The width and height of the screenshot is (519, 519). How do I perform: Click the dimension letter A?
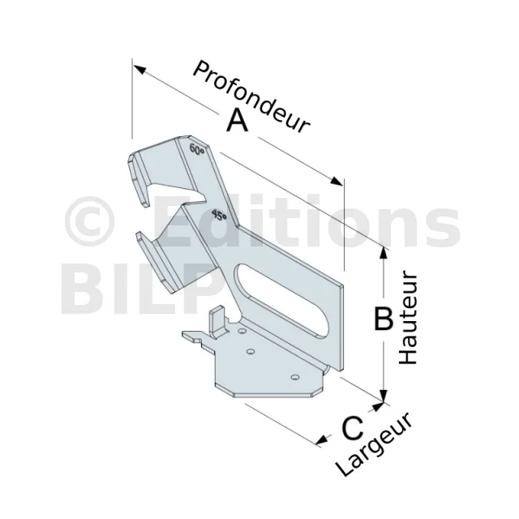coord(238,121)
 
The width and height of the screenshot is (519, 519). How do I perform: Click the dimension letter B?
coord(384,319)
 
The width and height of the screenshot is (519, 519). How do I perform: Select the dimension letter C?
coord(353,428)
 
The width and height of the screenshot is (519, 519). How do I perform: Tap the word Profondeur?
coord(251,97)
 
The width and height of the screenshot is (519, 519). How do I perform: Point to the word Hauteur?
coord(409,319)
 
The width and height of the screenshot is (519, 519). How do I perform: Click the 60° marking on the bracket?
coord(197,149)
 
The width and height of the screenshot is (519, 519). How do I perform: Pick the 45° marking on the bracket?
coord(219,215)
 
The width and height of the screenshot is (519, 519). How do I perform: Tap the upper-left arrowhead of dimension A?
coord(139,69)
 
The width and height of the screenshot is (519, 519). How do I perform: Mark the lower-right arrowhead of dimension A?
coord(337,181)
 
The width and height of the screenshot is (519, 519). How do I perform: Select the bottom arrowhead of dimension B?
coord(384,396)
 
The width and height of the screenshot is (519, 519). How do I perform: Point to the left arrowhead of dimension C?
coord(322,440)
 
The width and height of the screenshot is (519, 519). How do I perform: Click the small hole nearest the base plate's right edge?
coord(294,376)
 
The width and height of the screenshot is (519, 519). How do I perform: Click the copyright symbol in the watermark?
coord(89,221)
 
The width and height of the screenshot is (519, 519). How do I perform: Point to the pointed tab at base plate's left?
coord(191,336)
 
